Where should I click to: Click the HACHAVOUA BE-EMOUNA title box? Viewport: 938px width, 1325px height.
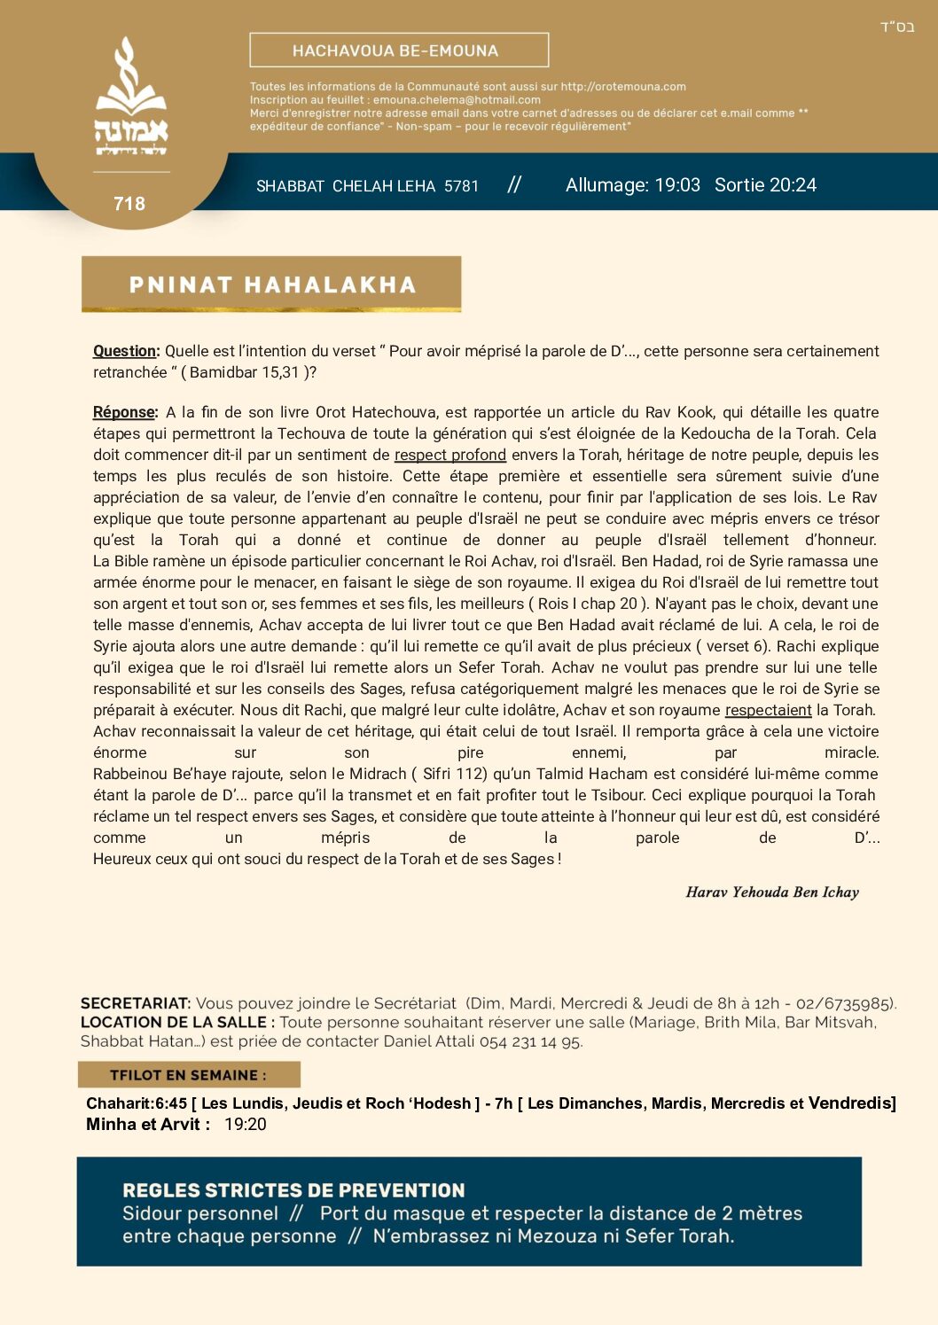tap(399, 51)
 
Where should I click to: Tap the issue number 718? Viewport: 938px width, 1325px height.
tap(129, 204)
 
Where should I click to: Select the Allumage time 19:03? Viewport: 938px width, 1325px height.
tap(677, 185)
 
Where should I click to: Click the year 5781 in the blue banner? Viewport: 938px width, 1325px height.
tap(461, 186)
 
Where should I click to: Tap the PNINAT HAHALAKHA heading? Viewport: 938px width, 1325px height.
tap(272, 284)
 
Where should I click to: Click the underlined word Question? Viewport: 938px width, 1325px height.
tap(125, 351)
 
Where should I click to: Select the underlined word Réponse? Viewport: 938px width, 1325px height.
tap(124, 412)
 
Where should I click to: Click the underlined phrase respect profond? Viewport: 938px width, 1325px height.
tap(449, 455)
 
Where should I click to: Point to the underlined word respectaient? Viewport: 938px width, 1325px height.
tap(768, 710)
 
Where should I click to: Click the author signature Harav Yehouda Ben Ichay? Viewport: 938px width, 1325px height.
tap(772, 892)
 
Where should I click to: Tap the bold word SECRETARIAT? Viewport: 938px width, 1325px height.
tap(135, 1003)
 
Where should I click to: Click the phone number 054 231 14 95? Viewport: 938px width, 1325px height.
tap(530, 1041)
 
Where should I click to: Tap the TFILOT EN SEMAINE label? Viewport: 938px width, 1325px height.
tap(188, 1075)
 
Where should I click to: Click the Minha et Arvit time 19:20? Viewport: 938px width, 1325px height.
tap(245, 1125)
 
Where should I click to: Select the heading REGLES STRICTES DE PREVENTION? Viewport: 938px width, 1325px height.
tap(293, 1190)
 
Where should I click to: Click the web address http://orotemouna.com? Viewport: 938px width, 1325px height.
tap(623, 87)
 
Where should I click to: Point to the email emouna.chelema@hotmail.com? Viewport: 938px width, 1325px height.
tap(457, 100)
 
